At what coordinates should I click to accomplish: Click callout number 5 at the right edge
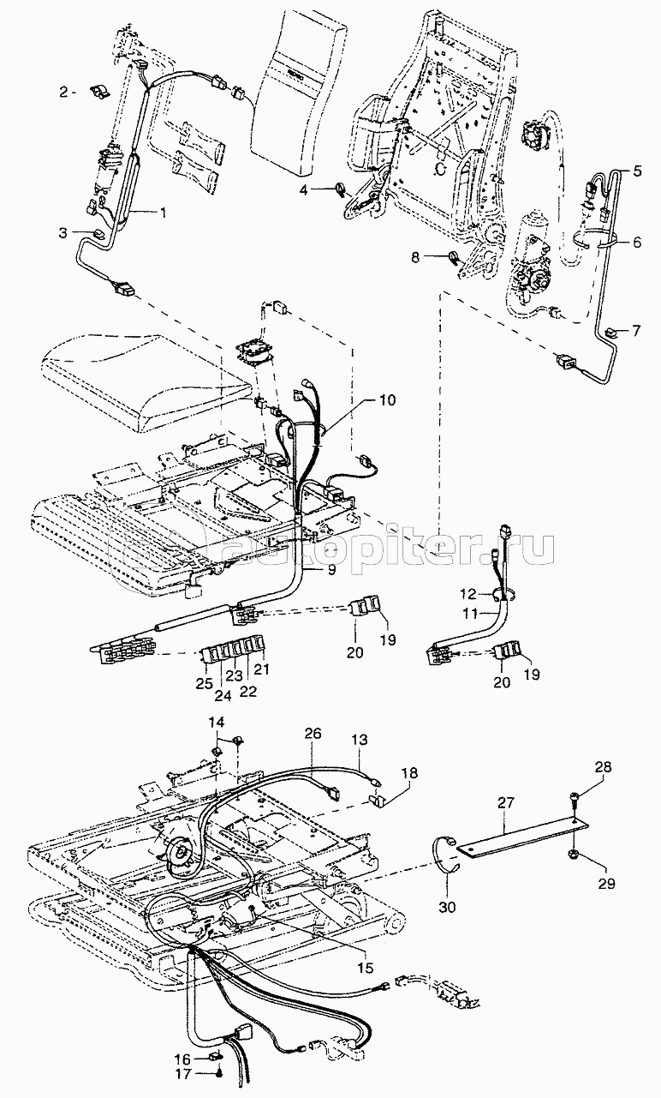(637, 171)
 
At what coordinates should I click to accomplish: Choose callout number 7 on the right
(637, 330)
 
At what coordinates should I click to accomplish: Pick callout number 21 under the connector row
(261, 668)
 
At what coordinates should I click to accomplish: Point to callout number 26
(313, 734)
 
